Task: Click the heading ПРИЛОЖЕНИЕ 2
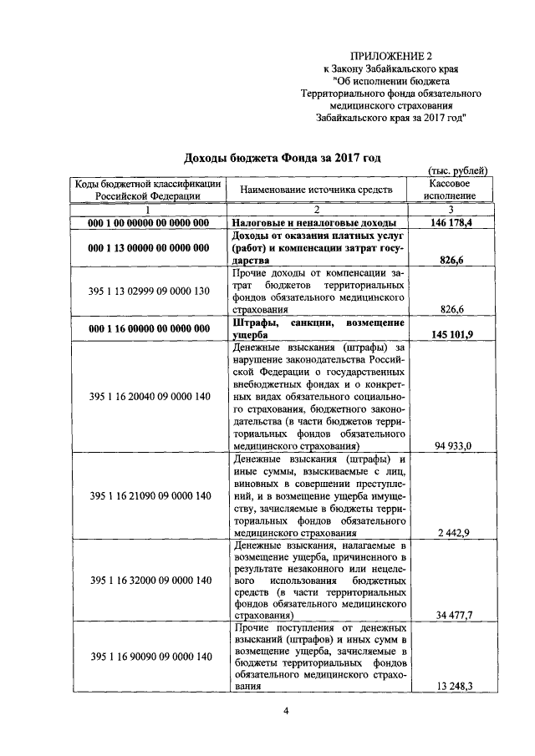(x=392, y=55)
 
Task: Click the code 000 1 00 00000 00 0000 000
(x=148, y=224)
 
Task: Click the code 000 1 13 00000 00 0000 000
(x=148, y=249)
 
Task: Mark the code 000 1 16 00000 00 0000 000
(x=148, y=328)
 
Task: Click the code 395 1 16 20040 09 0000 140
(x=148, y=397)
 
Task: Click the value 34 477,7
(x=454, y=616)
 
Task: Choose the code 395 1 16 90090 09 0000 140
(x=148, y=657)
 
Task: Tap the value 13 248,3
(x=454, y=687)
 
